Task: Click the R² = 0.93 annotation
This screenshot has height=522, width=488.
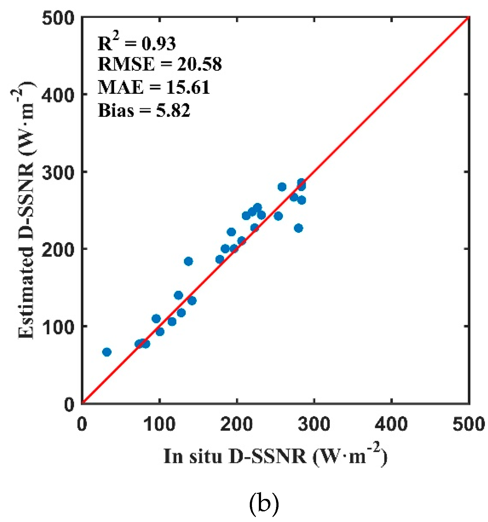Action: (137, 43)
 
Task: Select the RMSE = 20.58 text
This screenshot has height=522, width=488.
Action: (160, 64)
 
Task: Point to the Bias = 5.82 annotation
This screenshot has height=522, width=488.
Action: (144, 110)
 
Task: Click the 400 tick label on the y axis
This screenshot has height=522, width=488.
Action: (58, 94)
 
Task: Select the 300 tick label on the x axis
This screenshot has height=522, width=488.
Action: (314, 424)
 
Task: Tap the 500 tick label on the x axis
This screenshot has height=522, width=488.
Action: (468, 424)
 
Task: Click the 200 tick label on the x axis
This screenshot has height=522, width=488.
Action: (236, 424)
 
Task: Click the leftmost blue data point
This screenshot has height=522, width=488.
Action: (107, 352)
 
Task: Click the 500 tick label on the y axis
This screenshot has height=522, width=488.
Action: (58, 18)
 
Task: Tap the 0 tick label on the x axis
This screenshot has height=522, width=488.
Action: (82, 424)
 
